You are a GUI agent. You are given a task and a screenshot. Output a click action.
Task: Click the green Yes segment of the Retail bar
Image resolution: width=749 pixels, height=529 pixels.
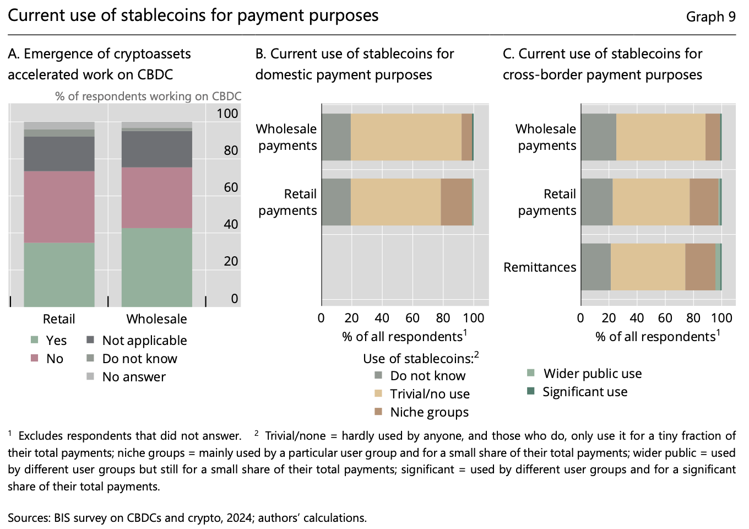(59, 274)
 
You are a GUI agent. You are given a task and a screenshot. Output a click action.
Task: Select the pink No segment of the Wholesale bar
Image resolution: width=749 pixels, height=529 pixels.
(157, 197)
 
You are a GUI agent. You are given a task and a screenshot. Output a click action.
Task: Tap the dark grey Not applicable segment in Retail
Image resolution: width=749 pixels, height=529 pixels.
(59, 153)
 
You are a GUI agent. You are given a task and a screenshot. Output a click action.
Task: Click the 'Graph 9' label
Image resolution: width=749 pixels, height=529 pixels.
(710, 17)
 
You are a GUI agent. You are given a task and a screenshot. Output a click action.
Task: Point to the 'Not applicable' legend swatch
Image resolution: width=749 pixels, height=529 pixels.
(90, 339)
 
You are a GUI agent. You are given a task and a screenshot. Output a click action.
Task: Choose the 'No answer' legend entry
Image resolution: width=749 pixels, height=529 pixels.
(134, 377)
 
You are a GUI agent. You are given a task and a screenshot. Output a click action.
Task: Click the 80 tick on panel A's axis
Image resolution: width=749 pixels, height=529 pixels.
(231, 150)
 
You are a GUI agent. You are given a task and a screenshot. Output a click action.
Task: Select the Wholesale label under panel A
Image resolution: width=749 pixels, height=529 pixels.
(157, 319)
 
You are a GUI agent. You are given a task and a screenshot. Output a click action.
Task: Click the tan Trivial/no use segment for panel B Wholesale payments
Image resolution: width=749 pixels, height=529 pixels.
(406, 137)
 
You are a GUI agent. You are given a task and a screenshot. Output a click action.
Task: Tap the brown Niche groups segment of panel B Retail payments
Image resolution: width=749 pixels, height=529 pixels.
(457, 202)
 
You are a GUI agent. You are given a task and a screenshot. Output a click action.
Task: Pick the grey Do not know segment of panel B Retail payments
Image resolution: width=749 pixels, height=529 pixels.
(336, 202)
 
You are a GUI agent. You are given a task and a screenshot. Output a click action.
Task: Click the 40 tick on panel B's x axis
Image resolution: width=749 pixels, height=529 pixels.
(382, 318)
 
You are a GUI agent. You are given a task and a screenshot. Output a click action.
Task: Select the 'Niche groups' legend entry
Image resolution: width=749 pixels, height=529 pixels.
(429, 412)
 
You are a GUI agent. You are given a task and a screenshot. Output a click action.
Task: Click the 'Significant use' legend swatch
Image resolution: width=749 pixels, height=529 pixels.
(530, 391)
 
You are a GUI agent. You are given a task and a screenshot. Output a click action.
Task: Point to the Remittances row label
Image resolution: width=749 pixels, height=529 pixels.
(540, 267)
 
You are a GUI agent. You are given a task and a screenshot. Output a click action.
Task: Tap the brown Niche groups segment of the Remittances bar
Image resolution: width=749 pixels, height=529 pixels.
(700, 267)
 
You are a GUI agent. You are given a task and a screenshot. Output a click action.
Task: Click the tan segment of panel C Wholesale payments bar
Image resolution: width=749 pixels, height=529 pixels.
(661, 137)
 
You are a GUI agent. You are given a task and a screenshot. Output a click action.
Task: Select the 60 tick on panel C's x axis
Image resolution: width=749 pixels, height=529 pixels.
(665, 318)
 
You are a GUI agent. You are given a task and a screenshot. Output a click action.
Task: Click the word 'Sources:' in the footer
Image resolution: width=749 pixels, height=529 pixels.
(29, 518)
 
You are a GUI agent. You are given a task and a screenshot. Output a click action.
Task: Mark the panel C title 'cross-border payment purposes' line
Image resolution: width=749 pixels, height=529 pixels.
(602, 75)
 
